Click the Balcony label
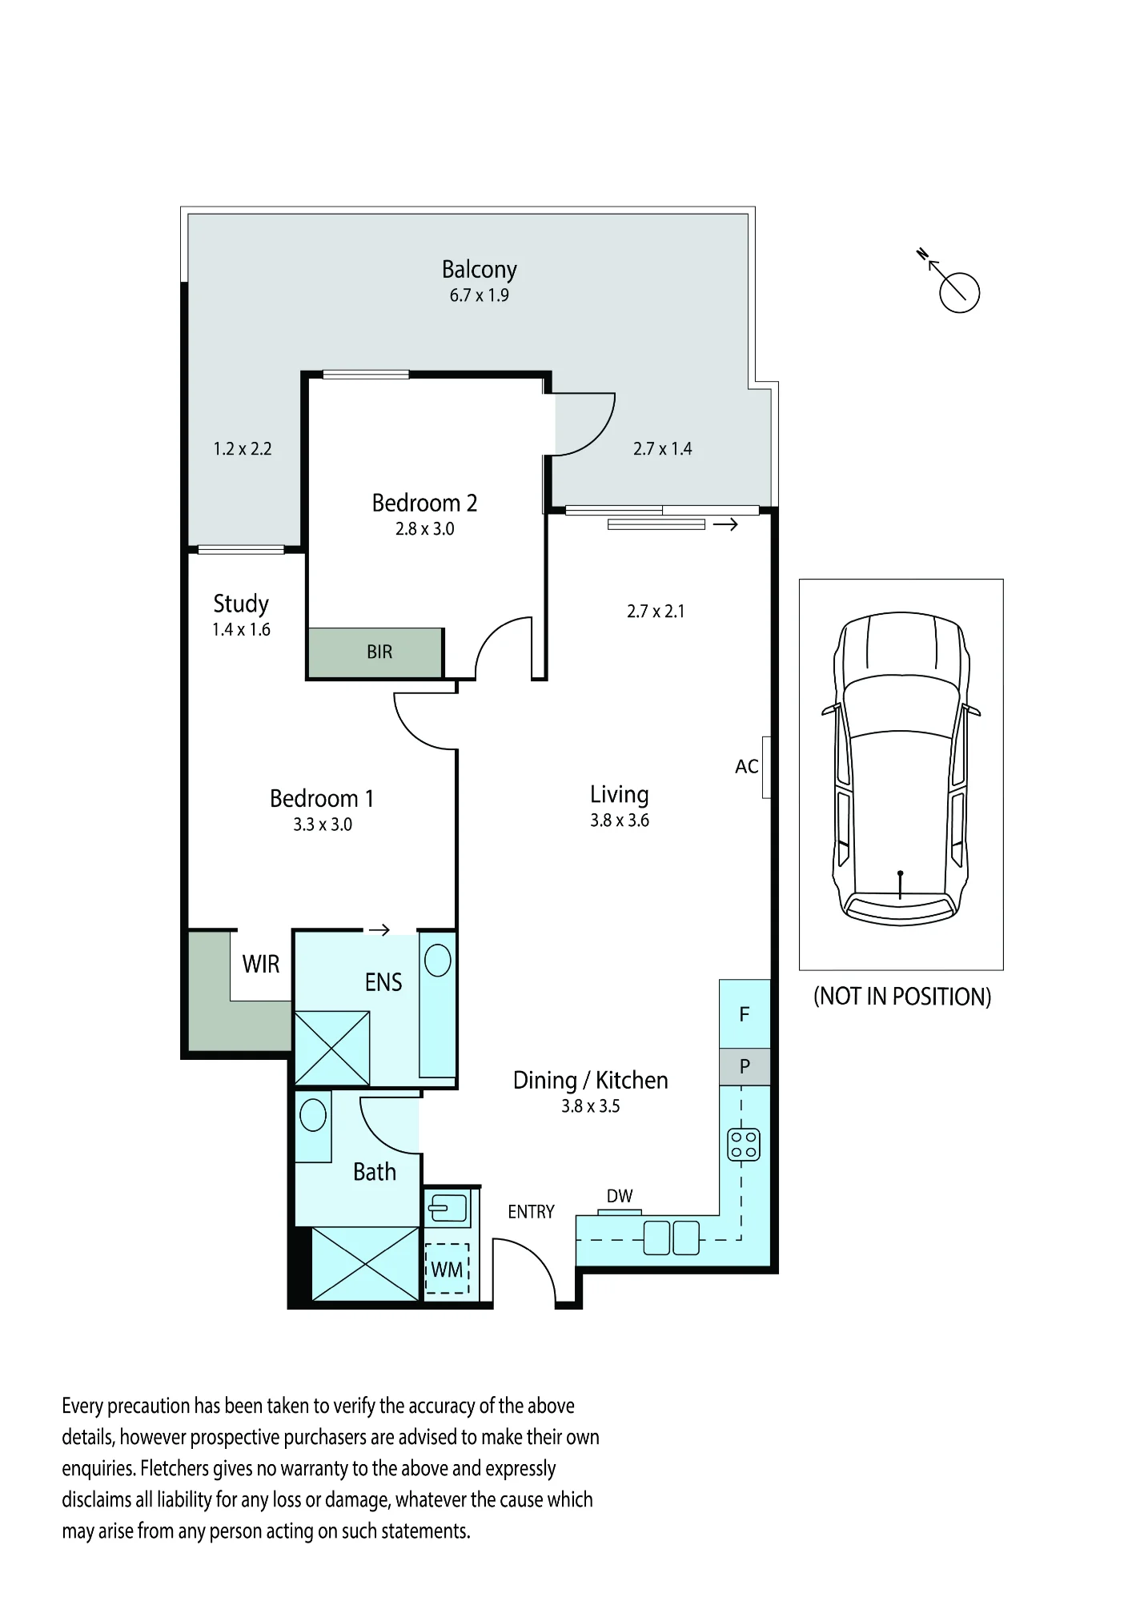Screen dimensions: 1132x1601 pyautogui.click(x=479, y=269)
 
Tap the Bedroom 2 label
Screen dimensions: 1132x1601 pyautogui.click(x=424, y=503)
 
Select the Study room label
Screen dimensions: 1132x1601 pyautogui.click(x=241, y=604)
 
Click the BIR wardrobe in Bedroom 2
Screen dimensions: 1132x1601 pyautogui.click(x=375, y=652)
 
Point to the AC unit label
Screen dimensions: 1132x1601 pyautogui.click(x=746, y=767)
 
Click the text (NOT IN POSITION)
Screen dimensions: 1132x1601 pyautogui.click(x=902, y=997)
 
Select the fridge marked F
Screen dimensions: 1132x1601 pyautogui.click(x=745, y=1014)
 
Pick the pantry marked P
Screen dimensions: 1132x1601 pyautogui.click(x=745, y=1066)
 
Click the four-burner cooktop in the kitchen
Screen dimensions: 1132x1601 pyautogui.click(x=743, y=1145)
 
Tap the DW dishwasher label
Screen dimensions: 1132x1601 pyautogui.click(x=620, y=1196)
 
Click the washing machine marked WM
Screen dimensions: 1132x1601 pyautogui.click(x=447, y=1269)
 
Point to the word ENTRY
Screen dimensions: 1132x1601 pyautogui.click(x=531, y=1212)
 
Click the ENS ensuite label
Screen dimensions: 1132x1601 pyautogui.click(x=383, y=982)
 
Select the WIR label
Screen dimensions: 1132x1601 pyautogui.click(x=261, y=964)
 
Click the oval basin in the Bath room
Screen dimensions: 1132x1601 pyautogui.click(x=313, y=1114)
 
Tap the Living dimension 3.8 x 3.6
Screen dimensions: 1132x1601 pyautogui.click(x=620, y=821)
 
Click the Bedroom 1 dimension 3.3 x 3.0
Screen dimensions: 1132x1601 pyautogui.click(x=323, y=825)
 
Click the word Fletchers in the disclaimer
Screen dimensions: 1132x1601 pyautogui.click(x=175, y=1469)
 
